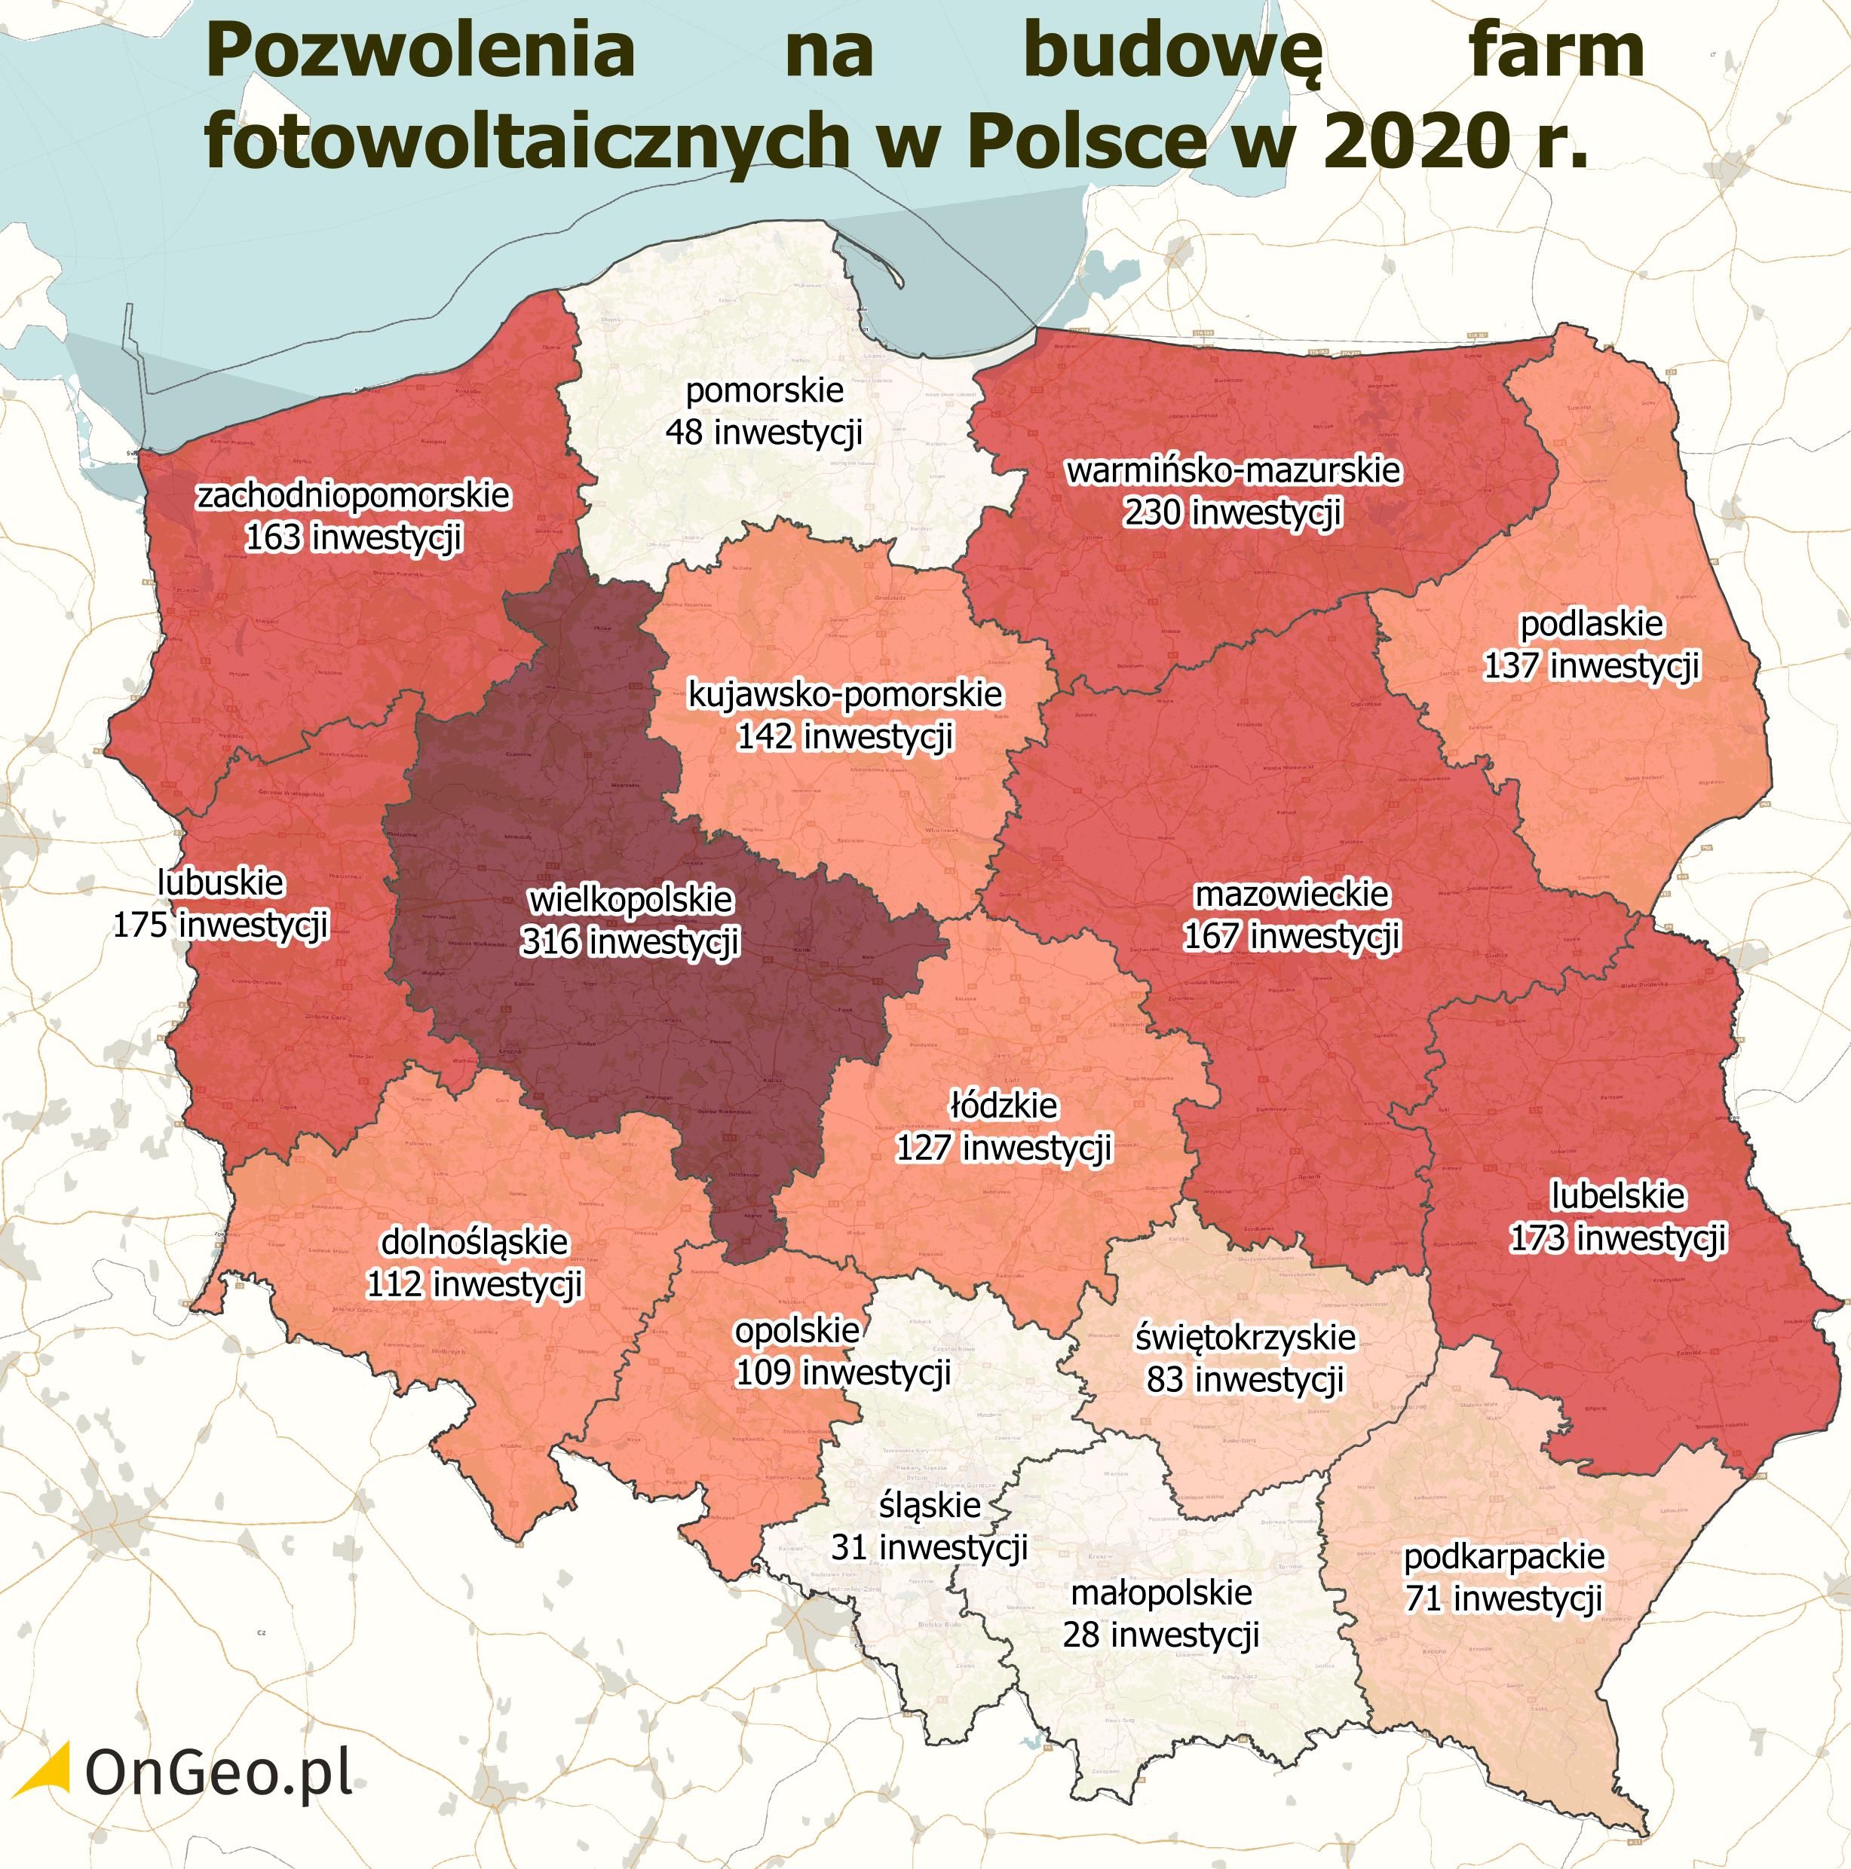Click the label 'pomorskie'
(765, 391)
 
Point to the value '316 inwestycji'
(630, 941)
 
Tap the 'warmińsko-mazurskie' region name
(1233, 470)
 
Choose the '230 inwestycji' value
(1233, 512)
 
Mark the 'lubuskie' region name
(221, 882)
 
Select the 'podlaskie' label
(1592, 624)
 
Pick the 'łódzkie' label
(1004, 1105)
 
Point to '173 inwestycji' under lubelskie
(1618, 1238)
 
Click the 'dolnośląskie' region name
(474, 1242)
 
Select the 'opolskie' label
(796, 1330)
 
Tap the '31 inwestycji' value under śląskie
(929, 1547)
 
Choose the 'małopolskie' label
(1161, 1592)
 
